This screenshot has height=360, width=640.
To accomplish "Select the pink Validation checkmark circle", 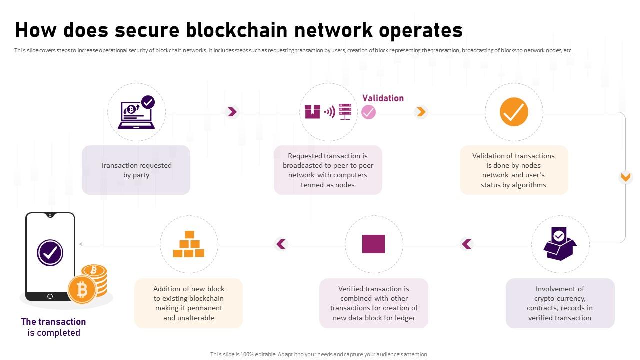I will (368, 112).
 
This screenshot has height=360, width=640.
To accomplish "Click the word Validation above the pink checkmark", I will (383, 98).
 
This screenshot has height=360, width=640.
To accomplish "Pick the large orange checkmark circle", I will (514, 112).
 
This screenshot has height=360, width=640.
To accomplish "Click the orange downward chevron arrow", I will (625, 177).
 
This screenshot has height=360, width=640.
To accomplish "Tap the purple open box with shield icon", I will (560, 244).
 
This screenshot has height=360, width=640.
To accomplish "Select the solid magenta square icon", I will (373, 244).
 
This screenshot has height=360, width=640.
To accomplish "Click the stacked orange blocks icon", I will (189, 244).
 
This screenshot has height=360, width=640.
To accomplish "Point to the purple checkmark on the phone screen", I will (50, 253).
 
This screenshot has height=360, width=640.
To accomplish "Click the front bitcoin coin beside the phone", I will (82, 289).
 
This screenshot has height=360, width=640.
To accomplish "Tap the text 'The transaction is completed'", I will (53, 327).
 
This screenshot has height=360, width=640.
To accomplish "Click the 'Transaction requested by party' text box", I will (136, 170).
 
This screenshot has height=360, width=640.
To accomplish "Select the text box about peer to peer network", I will (328, 170).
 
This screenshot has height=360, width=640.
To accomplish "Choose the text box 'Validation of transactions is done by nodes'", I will (513, 170).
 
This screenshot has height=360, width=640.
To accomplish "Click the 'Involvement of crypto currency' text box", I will (559, 303).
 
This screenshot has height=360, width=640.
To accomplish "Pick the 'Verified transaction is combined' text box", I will (373, 303).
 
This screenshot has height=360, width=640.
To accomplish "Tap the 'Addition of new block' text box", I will (188, 303).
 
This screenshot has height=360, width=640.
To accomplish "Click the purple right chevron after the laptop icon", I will (232, 112).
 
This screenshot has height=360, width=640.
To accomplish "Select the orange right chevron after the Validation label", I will (421, 112).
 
